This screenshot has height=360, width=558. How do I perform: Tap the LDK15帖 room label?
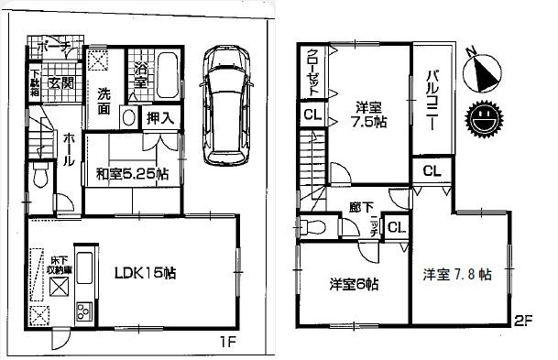pos(145,272)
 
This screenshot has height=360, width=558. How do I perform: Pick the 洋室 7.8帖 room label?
pos(457,274)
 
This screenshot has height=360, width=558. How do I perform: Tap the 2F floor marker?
pos(523,321)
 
